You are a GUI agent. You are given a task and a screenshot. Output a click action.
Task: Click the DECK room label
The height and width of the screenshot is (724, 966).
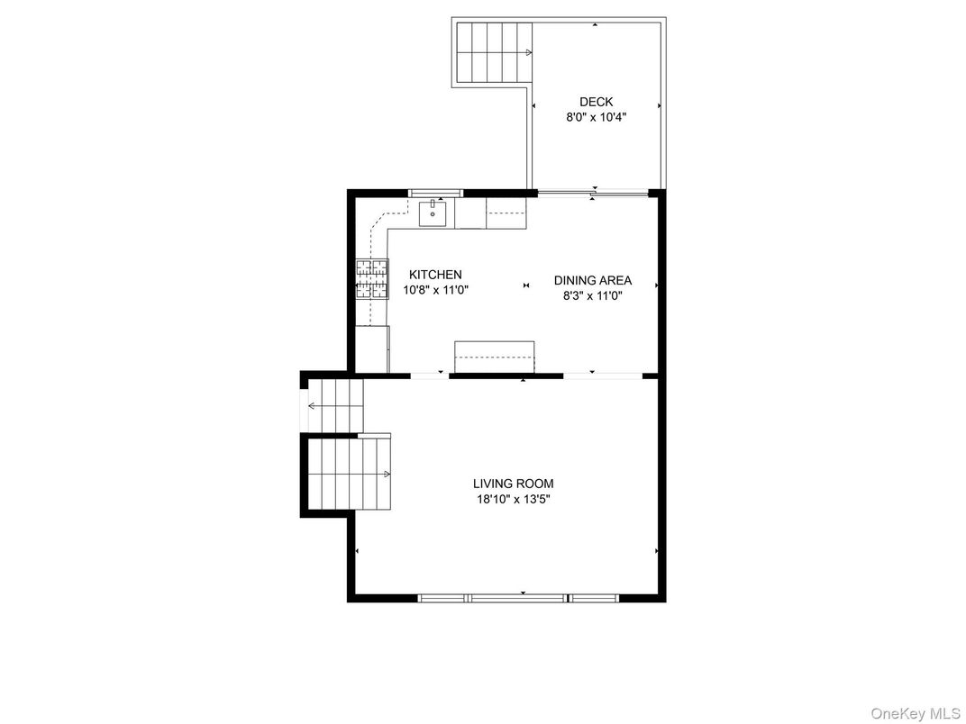(596, 102)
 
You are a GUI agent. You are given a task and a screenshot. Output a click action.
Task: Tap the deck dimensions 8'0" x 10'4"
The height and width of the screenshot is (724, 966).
(597, 117)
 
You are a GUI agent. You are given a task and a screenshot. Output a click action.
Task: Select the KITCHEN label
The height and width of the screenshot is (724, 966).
(435, 275)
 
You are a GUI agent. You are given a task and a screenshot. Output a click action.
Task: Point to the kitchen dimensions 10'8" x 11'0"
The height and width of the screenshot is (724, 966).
(436, 290)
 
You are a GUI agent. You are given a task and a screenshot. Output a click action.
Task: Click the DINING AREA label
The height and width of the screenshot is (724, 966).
(593, 280)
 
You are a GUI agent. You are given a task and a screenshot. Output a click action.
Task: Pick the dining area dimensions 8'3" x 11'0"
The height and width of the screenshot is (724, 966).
(593, 295)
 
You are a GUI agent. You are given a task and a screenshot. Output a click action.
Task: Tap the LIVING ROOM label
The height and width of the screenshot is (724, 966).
(514, 484)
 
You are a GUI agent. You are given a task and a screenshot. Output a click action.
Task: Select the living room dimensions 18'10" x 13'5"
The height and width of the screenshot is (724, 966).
(514, 499)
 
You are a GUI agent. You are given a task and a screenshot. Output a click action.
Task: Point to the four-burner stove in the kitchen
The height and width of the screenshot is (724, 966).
(372, 279)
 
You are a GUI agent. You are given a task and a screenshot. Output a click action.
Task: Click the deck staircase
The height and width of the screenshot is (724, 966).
(494, 52)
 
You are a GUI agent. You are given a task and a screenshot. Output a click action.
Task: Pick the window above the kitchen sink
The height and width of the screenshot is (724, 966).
(435, 193)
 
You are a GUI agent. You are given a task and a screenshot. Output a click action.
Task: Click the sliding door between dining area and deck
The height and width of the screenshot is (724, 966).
(593, 194)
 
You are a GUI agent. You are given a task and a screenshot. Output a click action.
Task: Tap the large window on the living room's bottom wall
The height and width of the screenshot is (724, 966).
(518, 598)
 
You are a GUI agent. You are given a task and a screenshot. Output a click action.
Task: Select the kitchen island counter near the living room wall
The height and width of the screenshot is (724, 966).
(494, 357)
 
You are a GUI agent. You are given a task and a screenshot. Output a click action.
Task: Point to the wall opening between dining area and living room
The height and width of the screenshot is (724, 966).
(603, 375)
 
